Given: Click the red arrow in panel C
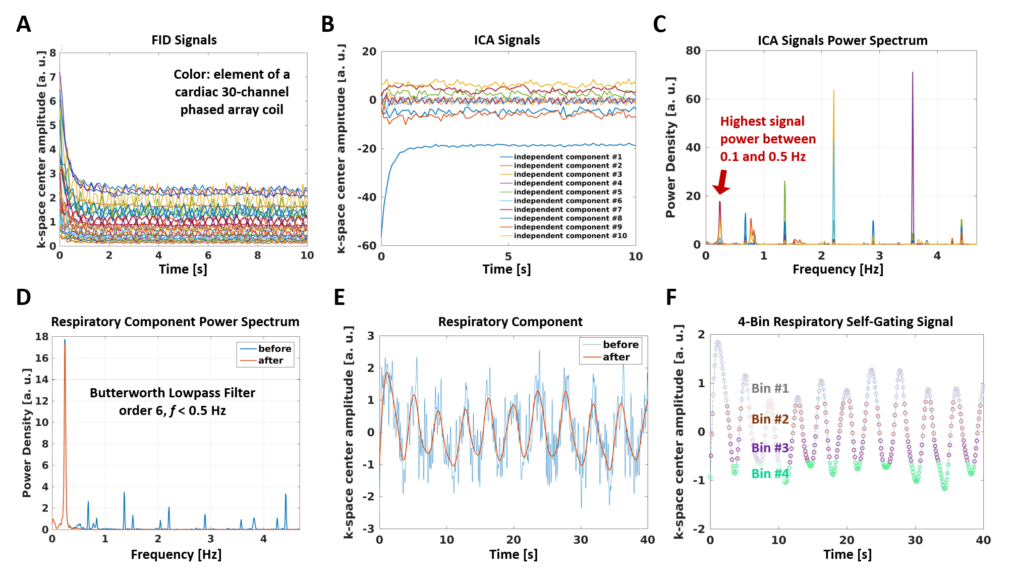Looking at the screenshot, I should click(x=722, y=182).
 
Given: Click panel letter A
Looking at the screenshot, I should click(x=24, y=24).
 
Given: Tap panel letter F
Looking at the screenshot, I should click(x=671, y=297).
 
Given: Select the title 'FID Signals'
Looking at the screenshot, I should click(x=184, y=40).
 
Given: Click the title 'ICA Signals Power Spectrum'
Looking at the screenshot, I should click(x=842, y=40).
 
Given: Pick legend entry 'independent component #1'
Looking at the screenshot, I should click(x=568, y=157).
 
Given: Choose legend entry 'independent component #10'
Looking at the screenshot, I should click(x=570, y=236).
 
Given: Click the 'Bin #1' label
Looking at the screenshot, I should click(x=770, y=388).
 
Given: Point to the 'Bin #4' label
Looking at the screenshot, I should click(x=770, y=474).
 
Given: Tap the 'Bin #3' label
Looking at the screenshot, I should click(x=770, y=448).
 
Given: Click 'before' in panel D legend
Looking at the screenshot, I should click(x=274, y=348).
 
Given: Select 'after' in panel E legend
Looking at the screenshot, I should click(x=616, y=357).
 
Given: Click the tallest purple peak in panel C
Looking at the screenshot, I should click(x=912, y=74).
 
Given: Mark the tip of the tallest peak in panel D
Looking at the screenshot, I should click(x=65, y=340).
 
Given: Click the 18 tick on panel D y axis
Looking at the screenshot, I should click(x=42, y=337).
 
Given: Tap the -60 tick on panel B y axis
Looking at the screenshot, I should click(x=367, y=246).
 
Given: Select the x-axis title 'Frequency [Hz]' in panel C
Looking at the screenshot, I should click(x=837, y=269).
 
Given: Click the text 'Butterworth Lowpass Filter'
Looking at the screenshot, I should click(x=173, y=393).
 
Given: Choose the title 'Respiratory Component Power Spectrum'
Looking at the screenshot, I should click(x=175, y=322).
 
